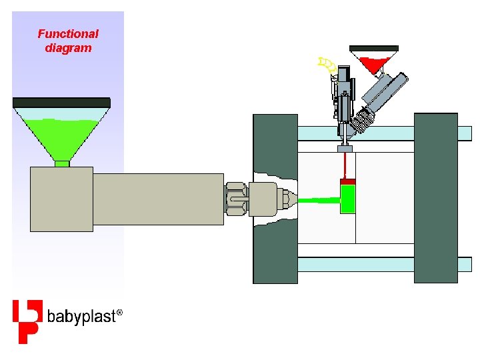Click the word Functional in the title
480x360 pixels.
[67, 33]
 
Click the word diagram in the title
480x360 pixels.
[67, 48]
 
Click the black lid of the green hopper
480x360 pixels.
[61, 102]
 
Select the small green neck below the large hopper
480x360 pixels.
[62, 163]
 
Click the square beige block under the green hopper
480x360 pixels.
[61, 199]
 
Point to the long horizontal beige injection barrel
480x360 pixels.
[158, 199]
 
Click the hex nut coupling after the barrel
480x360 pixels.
[237, 199]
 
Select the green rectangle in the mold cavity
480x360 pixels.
[348, 199]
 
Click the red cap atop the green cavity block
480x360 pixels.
[348, 181]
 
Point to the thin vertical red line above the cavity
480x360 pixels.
[345, 164]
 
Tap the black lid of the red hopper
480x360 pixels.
[374, 49]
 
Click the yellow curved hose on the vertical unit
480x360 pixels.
[327, 65]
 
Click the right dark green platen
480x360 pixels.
[436, 198]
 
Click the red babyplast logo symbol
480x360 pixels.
[27, 321]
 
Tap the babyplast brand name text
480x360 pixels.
[83, 315]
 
